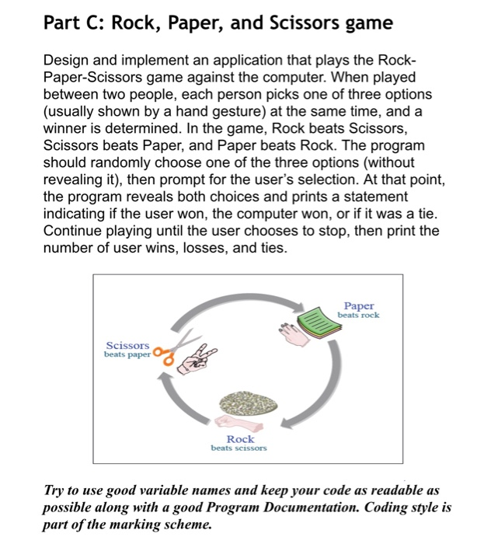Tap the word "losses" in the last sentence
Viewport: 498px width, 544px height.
click(198, 249)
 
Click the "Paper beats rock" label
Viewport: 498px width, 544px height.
click(358, 310)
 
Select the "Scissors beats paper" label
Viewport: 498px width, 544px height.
click(127, 350)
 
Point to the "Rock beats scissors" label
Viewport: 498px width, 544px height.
click(239, 443)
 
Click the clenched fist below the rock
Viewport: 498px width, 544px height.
click(234, 422)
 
